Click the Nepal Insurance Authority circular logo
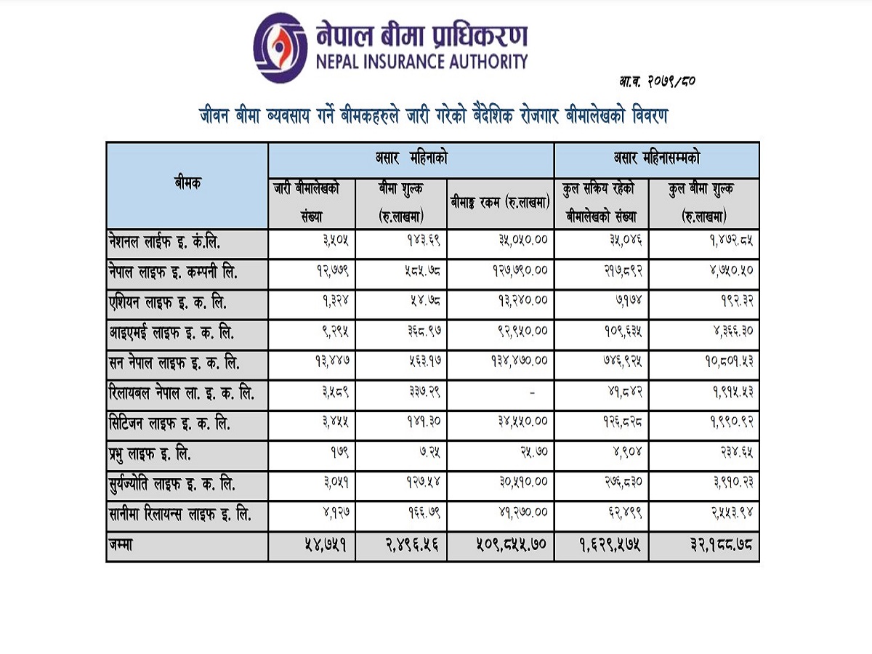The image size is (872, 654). [280, 48]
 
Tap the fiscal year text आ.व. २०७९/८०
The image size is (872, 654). [657, 82]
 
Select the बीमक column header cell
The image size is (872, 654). [187, 185]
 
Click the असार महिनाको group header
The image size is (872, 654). [411, 159]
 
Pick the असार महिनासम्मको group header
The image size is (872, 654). [657, 159]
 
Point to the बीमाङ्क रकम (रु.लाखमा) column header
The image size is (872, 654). [500, 203]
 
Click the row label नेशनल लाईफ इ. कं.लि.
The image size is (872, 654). [164, 242]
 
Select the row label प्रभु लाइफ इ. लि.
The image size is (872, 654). [150, 454]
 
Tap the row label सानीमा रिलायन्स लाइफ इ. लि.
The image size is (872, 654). [180, 514]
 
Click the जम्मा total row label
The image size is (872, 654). [121, 545]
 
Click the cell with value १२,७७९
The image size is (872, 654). [333, 271]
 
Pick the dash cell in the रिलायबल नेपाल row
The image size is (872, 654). [533, 393]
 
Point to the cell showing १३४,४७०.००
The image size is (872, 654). [520, 361]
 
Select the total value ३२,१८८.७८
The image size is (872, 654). [721, 544]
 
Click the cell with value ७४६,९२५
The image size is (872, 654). [622, 361]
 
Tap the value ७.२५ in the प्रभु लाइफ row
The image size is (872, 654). [430, 452]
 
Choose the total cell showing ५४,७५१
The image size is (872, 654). [326, 544]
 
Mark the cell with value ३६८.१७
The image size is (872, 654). [424, 331]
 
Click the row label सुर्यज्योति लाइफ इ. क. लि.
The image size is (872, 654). [172, 485]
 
